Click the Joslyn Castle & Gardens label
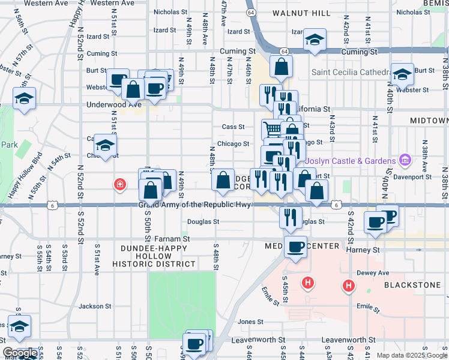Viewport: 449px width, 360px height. pyautogui.click(x=350, y=161)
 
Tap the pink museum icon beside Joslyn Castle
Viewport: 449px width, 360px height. pyautogui.click(x=405, y=161)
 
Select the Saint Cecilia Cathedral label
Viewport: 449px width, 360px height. pyautogui.click(x=351, y=73)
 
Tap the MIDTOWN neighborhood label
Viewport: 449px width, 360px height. pyautogui.click(x=429, y=121)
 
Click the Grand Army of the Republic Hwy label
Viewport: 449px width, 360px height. pyautogui.click(x=194, y=205)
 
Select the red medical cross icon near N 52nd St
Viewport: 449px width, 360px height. pyautogui.click(x=121, y=184)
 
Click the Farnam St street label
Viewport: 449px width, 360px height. pyautogui.click(x=172, y=238)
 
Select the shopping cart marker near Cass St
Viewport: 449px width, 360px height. pyautogui.click(x=272, y=128)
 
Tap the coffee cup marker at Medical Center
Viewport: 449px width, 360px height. pyautogui.click(x=295, y=246)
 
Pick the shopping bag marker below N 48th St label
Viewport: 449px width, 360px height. pyautogui.click(x=223, y=180)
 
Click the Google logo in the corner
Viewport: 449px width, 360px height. pyautogui.click(x=20, y=353)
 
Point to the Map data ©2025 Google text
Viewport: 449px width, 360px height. pyautogui.click(x=411, y=355)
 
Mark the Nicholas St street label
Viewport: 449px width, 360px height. pyautogui.click(x=170, y=12)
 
